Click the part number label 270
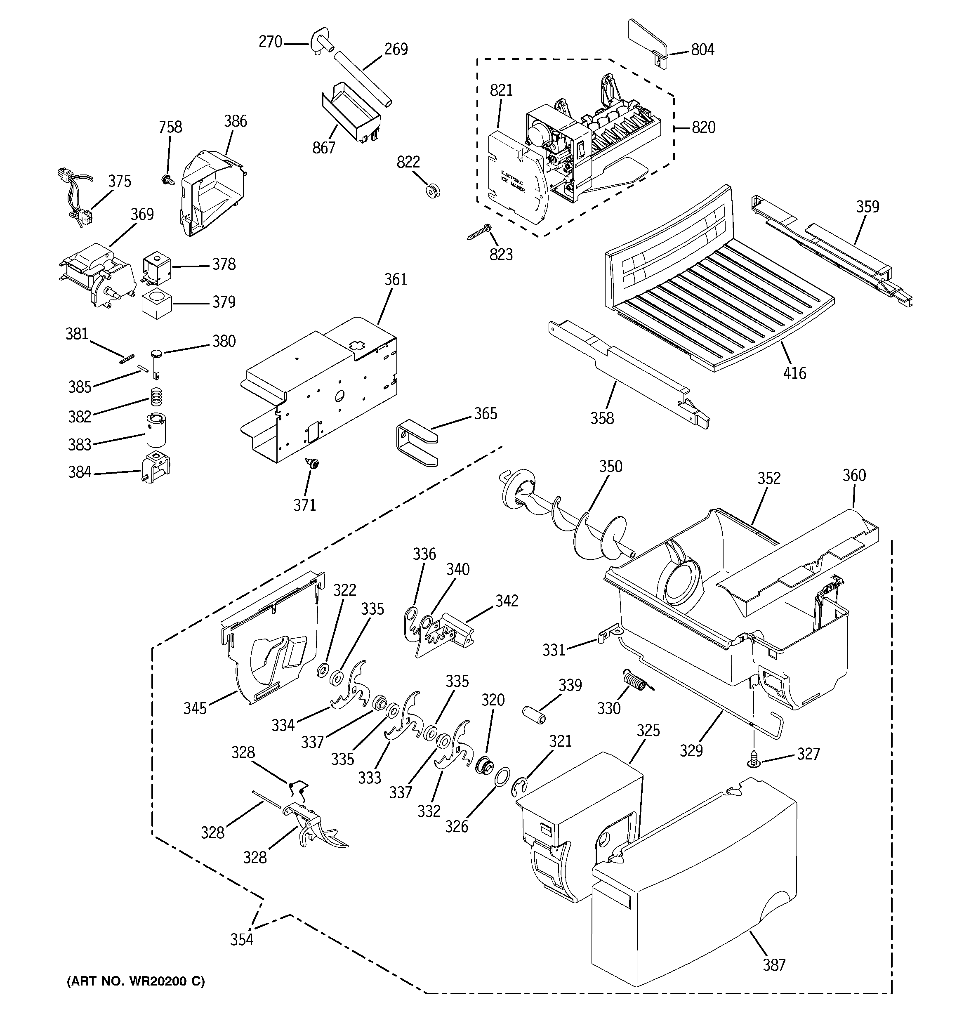point(270,42)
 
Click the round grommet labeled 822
point(433,190)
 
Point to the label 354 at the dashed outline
point(241,954)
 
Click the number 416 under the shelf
point(794,373)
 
